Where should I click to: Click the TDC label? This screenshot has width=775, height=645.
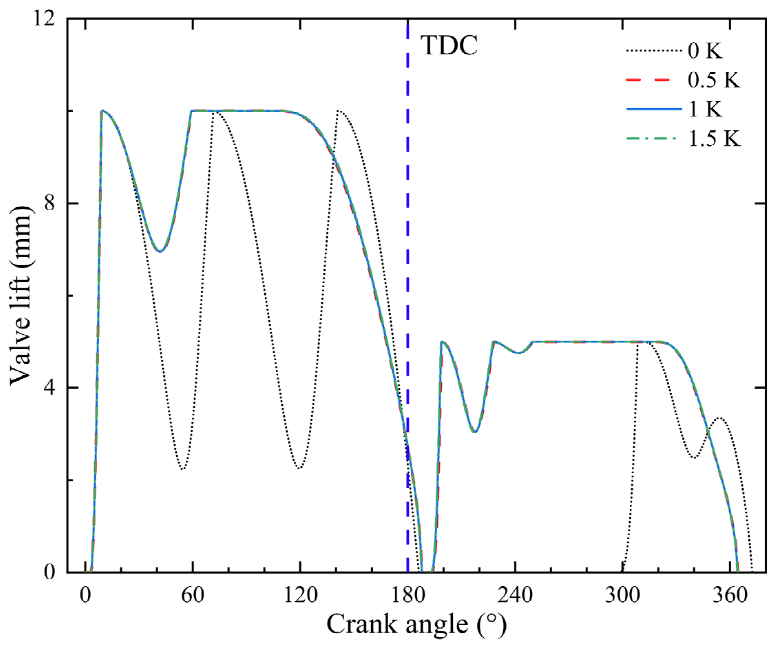click(449, 46)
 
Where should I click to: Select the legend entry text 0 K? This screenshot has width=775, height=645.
click(705, 51)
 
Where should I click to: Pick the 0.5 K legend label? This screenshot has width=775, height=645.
click(714, 80)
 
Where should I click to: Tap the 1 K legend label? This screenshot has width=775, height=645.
click(705, 109)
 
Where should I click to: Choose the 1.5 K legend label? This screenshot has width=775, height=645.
click(714, 139)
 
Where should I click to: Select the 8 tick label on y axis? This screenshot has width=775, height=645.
click(50, 203)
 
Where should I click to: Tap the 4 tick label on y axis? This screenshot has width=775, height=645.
click(50, 388)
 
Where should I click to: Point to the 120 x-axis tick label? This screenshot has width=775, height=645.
click(301, 595)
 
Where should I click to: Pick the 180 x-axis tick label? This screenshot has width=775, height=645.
click(408, 595)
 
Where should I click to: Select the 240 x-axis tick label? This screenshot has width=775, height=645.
click(515, 595)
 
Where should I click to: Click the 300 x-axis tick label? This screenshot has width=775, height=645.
click(622, 595)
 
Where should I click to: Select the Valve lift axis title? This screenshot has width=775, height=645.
click(21, 295)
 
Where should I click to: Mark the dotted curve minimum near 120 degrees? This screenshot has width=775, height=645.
click(299, 468)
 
